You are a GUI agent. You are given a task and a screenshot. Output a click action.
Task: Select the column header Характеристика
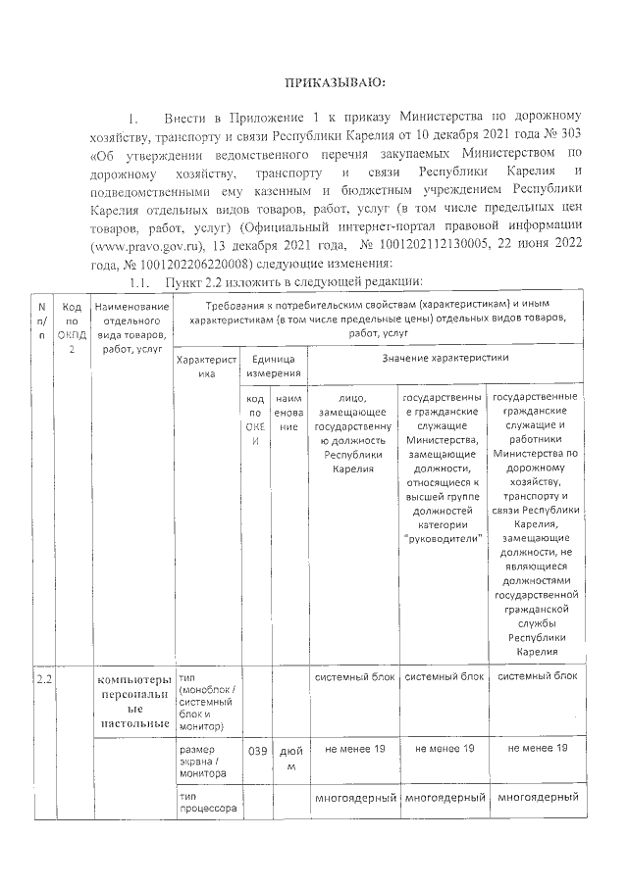point(205,367)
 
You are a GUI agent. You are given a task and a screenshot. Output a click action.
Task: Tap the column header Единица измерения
point(274,367)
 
